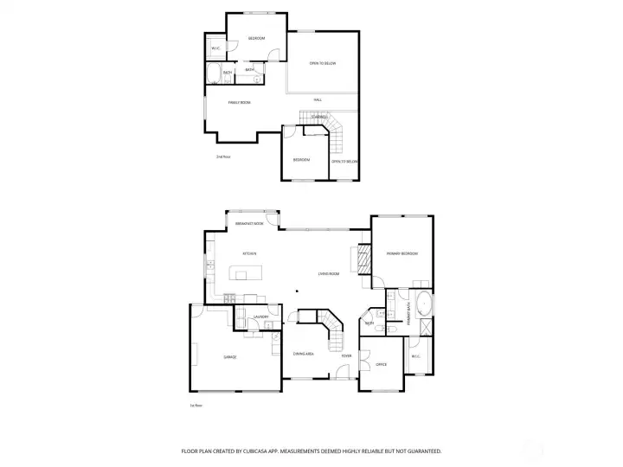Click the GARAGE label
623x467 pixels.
coord(229,356)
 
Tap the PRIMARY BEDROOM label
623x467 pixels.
coord(401,253)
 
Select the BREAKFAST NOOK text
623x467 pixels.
coord(249,224)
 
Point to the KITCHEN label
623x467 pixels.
coord(248,253)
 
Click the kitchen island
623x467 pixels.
coord(246,275)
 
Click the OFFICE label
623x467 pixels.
coord(381,364)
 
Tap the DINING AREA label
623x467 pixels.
coord(303,355)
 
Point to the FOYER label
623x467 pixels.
coord(346,355)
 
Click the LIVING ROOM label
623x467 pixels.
coord(327,273)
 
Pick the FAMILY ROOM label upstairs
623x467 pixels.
coord(239,103)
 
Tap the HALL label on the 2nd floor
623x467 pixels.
coord(318,101)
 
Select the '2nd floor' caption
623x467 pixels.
coord(223,157)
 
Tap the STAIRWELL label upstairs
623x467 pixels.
coord(318,116)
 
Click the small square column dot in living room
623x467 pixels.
coord(296,291)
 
